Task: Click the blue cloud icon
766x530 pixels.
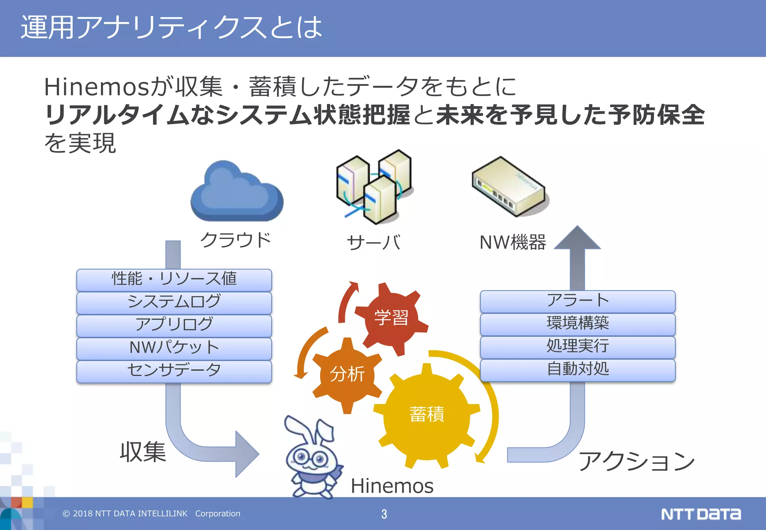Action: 236,192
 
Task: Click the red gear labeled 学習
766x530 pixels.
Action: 391,318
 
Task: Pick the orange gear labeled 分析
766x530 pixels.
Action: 347,374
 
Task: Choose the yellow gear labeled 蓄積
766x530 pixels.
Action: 427,415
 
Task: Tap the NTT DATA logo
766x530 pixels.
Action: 701,514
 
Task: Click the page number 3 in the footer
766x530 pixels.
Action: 384,514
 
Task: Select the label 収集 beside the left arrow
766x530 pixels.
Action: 143,452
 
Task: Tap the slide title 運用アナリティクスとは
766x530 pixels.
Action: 171,28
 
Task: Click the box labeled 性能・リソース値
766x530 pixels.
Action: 174,279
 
